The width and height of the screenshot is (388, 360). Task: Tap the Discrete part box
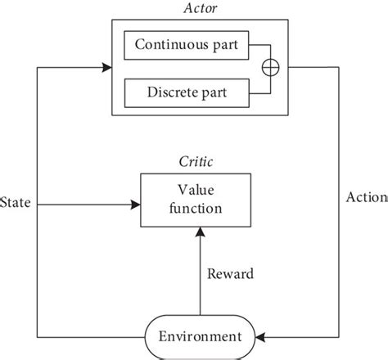186,92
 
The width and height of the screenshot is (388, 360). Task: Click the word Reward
228,273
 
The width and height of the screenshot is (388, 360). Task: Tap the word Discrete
176,92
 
